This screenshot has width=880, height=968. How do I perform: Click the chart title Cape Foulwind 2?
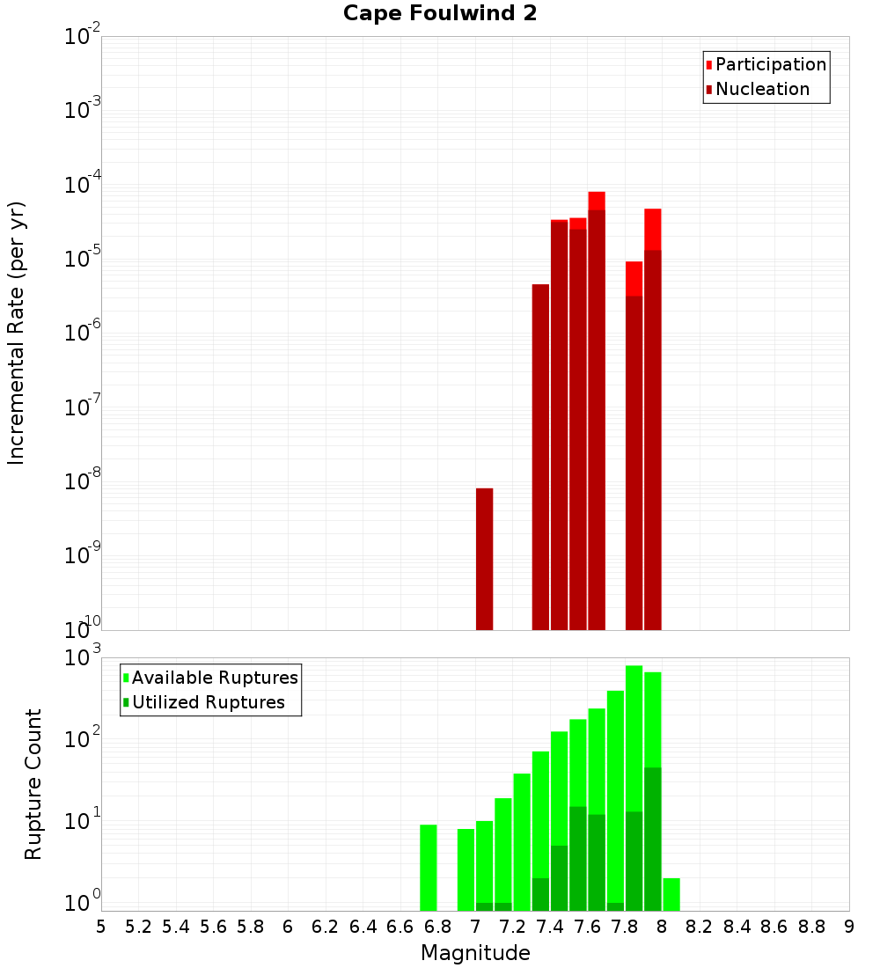point(440,13)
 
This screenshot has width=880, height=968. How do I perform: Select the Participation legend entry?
point(766,64)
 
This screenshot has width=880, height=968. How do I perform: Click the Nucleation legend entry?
point(757,89)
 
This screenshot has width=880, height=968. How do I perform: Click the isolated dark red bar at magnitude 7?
point(484,559)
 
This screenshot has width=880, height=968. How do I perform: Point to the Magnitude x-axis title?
point(475,953)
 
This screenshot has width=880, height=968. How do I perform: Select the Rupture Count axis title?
point(33,783)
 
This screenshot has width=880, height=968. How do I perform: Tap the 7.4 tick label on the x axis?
point(550,927)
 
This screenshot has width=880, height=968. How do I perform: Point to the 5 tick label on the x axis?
point(101,927)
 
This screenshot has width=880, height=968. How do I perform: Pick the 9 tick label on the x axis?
point(849,927)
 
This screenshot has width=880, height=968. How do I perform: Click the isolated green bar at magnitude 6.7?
point(429,867)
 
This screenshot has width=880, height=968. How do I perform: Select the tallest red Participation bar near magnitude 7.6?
point(597,201)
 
